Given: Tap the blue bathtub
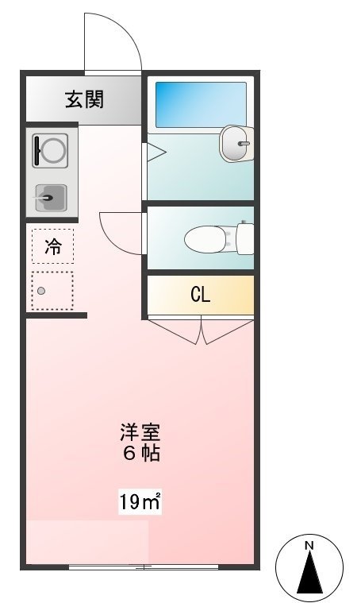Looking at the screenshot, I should point(201,104).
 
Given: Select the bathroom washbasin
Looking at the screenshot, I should point(234,143).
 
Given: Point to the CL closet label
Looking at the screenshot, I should point(200,296).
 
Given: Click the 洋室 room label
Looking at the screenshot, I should point(140,433).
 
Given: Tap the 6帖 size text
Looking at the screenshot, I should point(140,454).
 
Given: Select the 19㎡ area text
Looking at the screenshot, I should point(140,501).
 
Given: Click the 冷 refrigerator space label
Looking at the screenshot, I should point(52,245).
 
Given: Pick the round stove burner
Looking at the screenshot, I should point(51,150).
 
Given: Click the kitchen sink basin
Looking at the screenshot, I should point(51,197).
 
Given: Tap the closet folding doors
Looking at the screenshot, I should point(202,330).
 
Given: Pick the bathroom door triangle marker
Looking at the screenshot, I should point(152,153).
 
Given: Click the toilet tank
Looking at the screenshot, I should point(244,237).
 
